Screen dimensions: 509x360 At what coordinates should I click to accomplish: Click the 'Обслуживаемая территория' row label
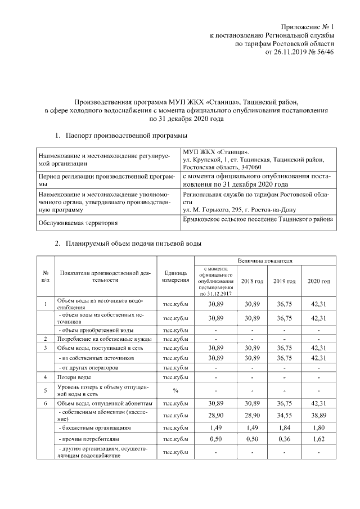pyautogui.click(x=69, y=223)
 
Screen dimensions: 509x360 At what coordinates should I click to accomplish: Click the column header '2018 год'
pyautogui.click(x=252, y=281)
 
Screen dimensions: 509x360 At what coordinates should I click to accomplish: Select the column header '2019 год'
pyautogui.click(x=285, y=281)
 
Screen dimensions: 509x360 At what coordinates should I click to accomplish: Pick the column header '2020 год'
pyautogui.click(x=318, y=281)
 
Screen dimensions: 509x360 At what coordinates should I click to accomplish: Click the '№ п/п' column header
pyautogui.click(x=45, y=276)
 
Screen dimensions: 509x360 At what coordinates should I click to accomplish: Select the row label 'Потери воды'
pyautogui.click(x=74, y=376)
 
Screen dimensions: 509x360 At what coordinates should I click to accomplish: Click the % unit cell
pyautogui.click(x=175, y=389)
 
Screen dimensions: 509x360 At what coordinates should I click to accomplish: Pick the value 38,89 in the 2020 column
pyautogui.click(x=318, y=414)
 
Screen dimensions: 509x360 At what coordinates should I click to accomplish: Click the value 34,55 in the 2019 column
pyautogui.click(x=285, y=414)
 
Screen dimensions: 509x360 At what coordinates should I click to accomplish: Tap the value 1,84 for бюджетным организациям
pyautogui.click(x=285, y=427)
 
